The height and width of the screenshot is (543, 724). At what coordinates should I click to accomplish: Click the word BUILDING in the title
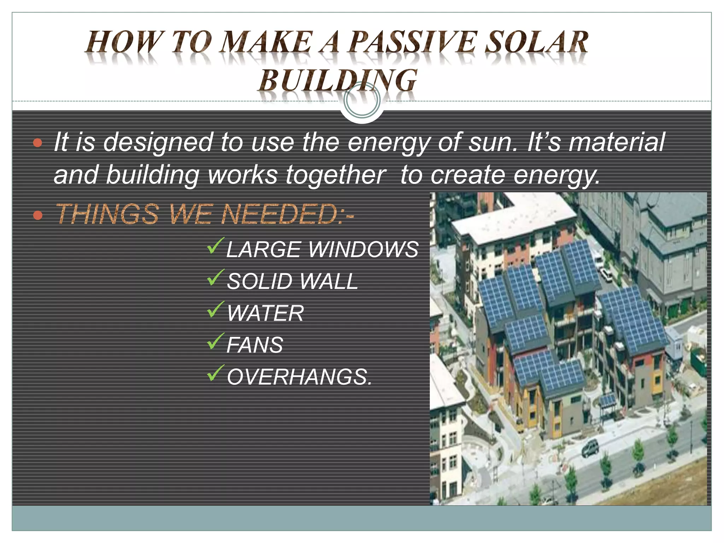338,81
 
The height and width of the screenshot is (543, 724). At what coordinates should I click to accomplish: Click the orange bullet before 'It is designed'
37,143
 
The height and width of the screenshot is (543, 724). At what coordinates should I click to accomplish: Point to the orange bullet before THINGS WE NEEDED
37,215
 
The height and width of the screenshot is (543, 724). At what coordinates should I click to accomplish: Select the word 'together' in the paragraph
335,175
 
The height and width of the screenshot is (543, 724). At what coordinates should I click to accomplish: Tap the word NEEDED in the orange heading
279,214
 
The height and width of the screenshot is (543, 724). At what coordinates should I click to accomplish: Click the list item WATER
265,313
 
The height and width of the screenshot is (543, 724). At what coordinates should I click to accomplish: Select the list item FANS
255,345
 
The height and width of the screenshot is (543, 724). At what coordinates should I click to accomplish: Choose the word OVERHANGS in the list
299,377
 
